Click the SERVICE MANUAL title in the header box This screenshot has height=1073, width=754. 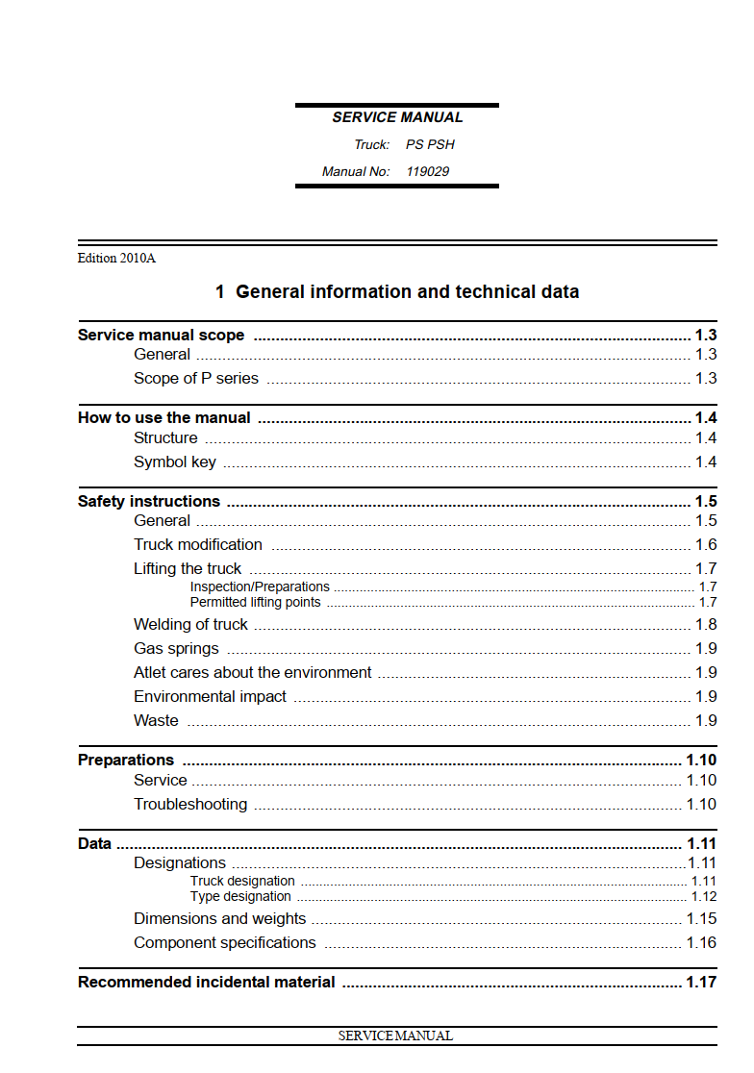397,117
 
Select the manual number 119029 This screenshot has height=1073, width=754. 427,171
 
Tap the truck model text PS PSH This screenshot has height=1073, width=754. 430,144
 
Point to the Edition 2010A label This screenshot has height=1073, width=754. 116,258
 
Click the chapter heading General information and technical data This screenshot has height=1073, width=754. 397,291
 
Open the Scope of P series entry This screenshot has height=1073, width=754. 196,378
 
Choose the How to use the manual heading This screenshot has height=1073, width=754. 164,417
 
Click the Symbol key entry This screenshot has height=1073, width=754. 175,462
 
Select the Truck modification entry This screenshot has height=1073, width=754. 198,544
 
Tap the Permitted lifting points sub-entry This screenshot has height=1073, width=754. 256,602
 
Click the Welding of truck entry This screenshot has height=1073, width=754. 190,624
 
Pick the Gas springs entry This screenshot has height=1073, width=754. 176,648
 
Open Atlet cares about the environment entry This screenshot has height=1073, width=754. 253,672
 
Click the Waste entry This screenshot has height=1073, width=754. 156,720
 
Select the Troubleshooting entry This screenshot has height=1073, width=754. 190,804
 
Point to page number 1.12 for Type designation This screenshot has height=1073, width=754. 704,896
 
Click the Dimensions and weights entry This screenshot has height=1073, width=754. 220,918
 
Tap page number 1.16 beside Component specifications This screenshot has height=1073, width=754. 701,942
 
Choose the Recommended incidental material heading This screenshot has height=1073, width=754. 207,982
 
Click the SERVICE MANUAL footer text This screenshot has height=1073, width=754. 395,1036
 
